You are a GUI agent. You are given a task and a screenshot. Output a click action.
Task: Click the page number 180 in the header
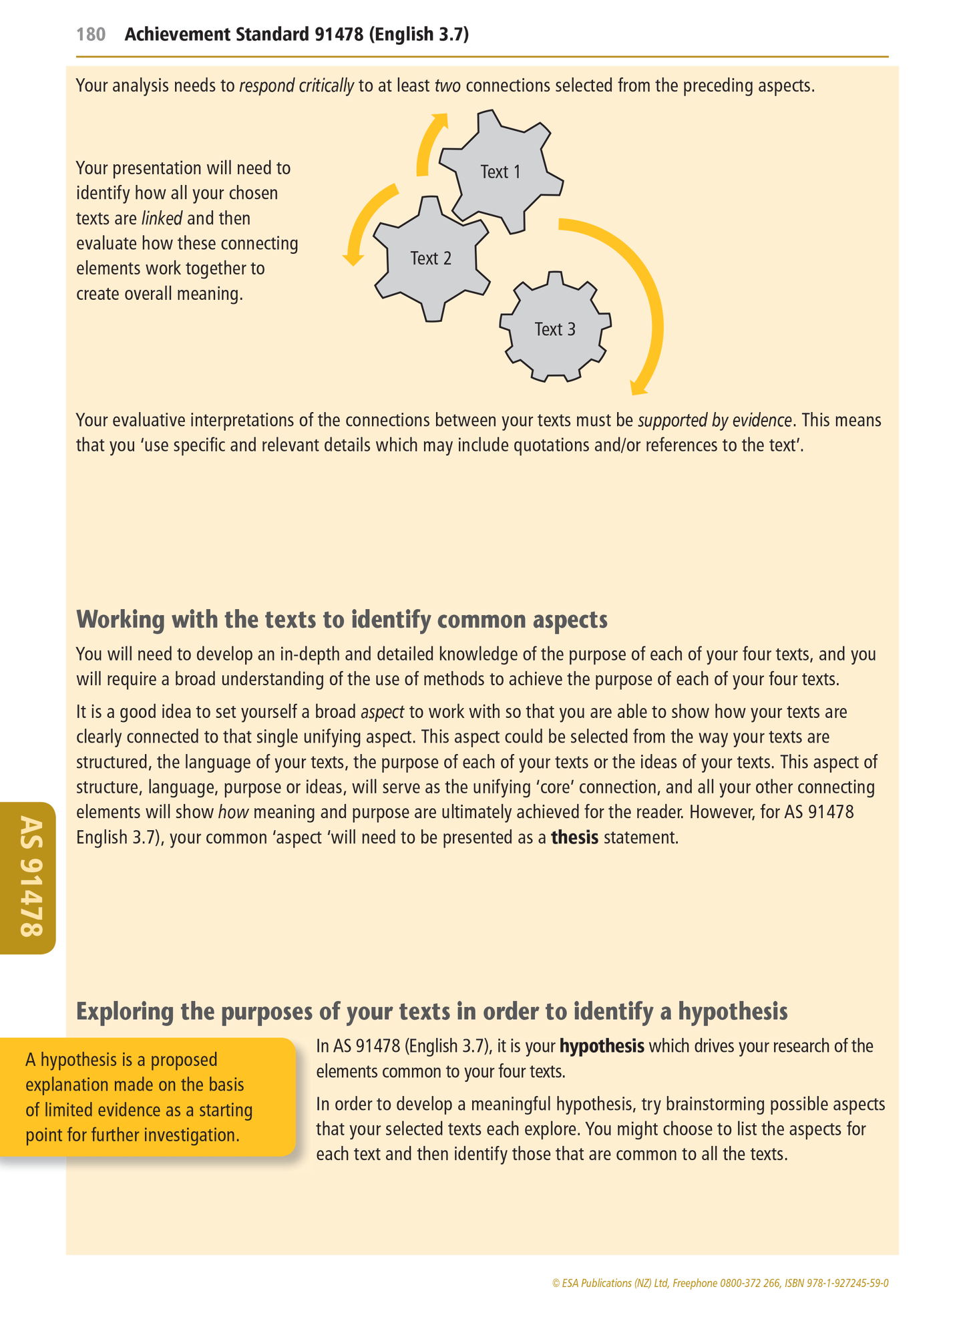[x=91, y=35]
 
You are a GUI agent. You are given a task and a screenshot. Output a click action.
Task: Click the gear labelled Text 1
[x=500, y=172]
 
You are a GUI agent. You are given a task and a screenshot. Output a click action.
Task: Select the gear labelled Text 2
[x=431, y=258]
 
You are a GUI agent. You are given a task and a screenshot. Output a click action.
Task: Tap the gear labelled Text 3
[x=555, y=329]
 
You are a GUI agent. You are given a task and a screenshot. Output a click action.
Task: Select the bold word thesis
[x=574, y=837]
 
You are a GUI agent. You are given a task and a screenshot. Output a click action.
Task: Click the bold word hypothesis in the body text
[x=602, y=1047]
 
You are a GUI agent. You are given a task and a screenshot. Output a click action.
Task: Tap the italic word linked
[x=162, y=218]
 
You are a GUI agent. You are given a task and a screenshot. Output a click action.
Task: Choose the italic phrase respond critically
[x=297, y=85]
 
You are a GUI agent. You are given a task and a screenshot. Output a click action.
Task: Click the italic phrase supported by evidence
[x=715, y=420]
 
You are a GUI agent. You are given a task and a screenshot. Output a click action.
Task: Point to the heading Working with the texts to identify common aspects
[x=341, y=620]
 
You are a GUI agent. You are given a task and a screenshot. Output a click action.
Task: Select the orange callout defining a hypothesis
[x=147, y=1097]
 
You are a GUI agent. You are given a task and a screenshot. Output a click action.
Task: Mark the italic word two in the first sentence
[x=447, y=85]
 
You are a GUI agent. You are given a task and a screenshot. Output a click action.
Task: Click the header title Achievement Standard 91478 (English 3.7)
[x=297, y=35]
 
